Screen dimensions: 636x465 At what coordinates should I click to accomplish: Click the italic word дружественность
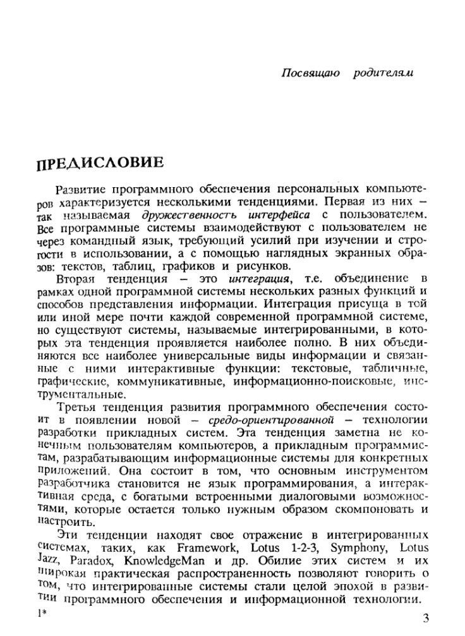pyautogui.click(x=179, y=215)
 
